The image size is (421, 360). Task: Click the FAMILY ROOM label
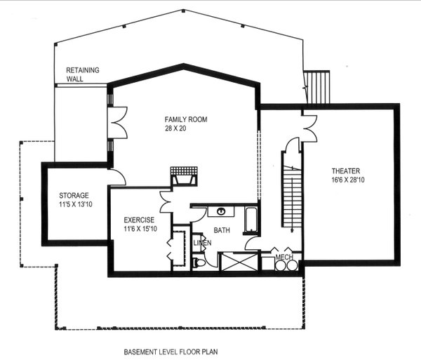pyautogui.click(x=186, y=119)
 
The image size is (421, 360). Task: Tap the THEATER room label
pyautogui.click(x=346, y=171)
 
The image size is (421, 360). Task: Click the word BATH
pyautogui.click(x=222, y=230)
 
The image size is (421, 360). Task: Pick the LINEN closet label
pyautogui.click(x=202, y=243)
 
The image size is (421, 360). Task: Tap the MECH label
pyautogui.click(x=283, y=258)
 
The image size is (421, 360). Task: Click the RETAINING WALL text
pyautogui.click(x=83, y=74)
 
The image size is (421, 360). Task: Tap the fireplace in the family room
pyautogui.click(x=185, y=176)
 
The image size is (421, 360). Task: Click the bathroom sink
pyautogui.click(x=220, y=211)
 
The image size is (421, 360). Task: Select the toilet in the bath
pyautogui.click(x=199, y=263)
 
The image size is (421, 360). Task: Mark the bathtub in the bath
pyautogui.click(x=251, y=219)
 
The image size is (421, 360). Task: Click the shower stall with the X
pyautogui.click(x=239, y=262)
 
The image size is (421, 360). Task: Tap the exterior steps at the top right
pyautogui.click(x=319, y=85)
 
